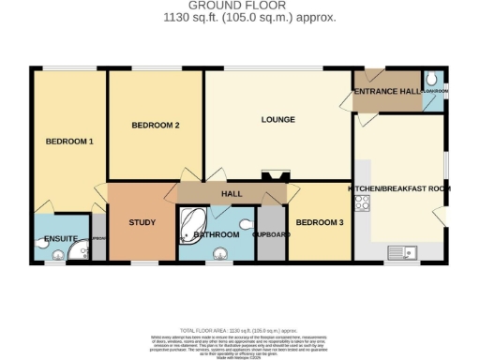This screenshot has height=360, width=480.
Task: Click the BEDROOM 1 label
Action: pos(70,141)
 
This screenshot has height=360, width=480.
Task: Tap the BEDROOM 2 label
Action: pos(156,125)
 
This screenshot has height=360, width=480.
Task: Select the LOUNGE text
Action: pos(278,119)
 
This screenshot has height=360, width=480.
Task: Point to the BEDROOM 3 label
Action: pos(320,221)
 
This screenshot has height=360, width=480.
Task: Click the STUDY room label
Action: pos(142,222)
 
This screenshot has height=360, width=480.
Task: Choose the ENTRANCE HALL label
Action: pos(386,91)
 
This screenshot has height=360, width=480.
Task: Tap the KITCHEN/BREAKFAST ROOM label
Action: pos(399,188)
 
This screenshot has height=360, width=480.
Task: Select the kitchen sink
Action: pos(404,251)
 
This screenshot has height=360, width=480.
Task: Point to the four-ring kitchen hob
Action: pos(362,202)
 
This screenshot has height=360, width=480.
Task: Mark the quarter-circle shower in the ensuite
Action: pos(83,250)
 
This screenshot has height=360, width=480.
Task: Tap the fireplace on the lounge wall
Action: pos(276,175)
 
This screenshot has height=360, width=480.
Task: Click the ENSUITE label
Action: pos(59,239)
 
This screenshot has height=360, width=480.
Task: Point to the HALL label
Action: pos(232,193)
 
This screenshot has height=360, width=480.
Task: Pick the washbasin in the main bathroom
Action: pos(221,251)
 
